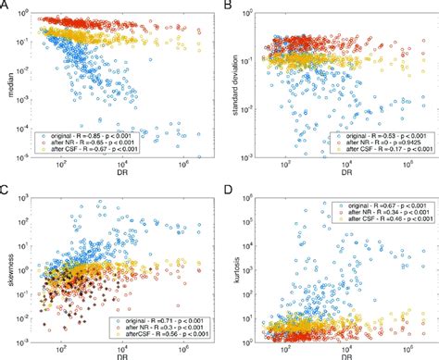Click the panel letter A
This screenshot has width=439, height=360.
[5, 6]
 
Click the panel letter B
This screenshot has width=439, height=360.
[225, 6]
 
